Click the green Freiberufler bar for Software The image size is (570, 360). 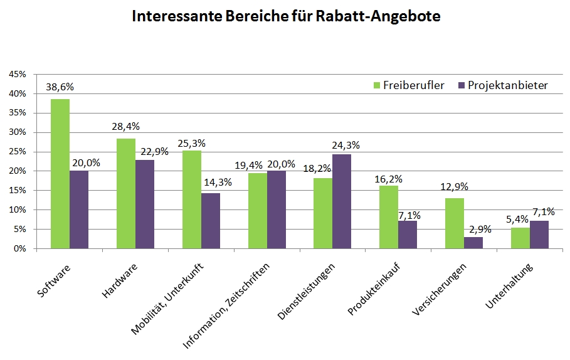(60, 174)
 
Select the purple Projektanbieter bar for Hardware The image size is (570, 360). (145, 204)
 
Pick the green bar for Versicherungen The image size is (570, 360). (455, 223)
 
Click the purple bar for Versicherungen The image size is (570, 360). (473, 243)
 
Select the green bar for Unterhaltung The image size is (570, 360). (520, 238)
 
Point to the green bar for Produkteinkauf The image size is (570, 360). (389, 217)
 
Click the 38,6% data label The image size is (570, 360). (60, 87)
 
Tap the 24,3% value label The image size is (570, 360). (346, 145)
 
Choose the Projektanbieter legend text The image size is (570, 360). (507, 85)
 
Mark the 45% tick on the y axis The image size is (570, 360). (18, 74)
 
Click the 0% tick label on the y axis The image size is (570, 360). (20, 249)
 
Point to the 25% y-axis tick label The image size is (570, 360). (18, 152)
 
